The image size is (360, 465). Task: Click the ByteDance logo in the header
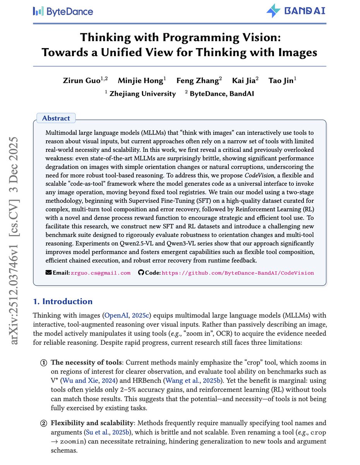(63, 11)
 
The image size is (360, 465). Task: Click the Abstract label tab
(56, 118)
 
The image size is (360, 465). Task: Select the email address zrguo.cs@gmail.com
(100, 273)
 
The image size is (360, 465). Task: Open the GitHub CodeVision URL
(238, 273)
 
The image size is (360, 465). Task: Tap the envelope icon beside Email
(48, 273)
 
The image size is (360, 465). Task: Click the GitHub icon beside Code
(141, 273)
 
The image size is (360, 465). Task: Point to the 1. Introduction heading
(63, 301)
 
